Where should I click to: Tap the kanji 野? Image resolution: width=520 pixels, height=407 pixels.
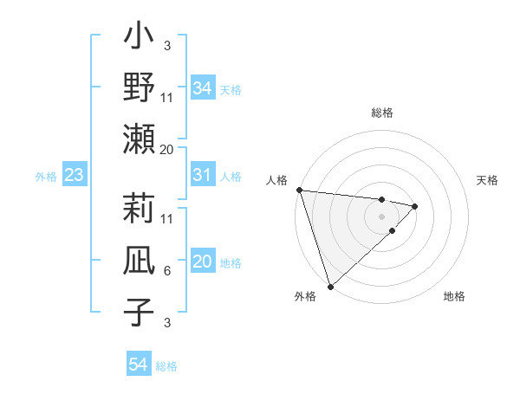point(140,87)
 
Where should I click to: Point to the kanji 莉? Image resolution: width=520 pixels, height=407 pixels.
point(140,209)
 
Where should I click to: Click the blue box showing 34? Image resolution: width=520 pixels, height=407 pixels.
point(202,88)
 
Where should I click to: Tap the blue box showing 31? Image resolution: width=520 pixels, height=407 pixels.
point(202,176)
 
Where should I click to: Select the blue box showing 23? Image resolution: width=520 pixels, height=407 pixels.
point(74,176)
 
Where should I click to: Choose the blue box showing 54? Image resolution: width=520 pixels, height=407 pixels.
point(138,365)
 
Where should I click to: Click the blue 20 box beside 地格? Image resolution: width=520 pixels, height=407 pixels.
point(202,262)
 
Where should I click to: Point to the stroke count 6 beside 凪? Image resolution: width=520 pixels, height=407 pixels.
point(166,271)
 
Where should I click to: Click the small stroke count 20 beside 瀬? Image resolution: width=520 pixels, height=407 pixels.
point(166,149)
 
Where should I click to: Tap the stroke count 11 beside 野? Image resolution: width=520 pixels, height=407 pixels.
point(166,98)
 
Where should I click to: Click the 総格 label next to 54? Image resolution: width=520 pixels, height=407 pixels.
point(166,366)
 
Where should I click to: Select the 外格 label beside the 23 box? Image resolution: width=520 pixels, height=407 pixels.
point(46,177)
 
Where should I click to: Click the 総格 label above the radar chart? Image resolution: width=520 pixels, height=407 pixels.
point(382,113)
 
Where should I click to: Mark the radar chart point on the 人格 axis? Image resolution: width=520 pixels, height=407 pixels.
point(299,190)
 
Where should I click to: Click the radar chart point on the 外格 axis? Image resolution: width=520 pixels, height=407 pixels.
point(330,285)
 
